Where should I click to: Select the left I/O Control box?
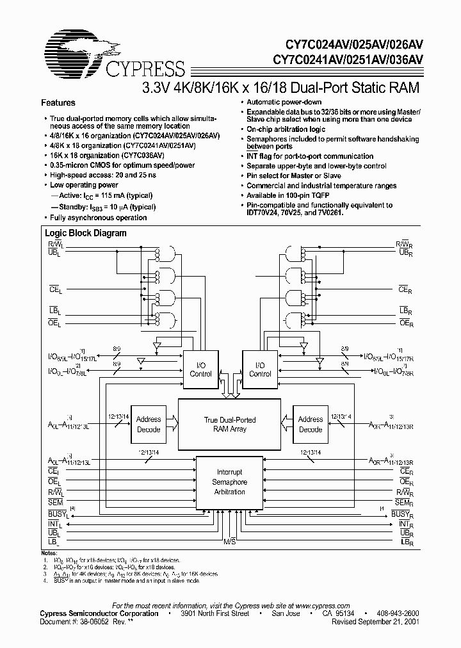tap(200, 369)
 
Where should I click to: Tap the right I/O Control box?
tap(260, 369)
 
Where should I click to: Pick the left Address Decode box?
tap(149, 424)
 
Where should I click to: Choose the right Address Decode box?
tap(311, 424)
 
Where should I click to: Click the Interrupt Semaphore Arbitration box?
tap(229, 482)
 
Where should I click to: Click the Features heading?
tap(58, 102)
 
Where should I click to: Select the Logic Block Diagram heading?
tap(86, 234)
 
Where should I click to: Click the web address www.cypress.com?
tap(321, 606)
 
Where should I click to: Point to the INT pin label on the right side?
tap(405, 524)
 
